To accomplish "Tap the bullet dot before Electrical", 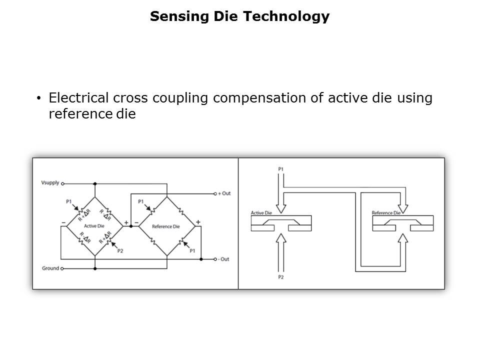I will [39, 98].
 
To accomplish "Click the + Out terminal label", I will [224, 193].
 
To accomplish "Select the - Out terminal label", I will [223, 259].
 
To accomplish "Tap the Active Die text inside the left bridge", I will [93, 226].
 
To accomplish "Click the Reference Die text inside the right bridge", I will [165, 226].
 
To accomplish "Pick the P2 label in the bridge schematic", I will [120, 250].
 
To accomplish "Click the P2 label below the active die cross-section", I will [280, 276].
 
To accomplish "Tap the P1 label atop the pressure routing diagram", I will [280, 169].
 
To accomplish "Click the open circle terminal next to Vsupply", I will [63, 183].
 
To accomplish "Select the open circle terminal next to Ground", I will [63, 268].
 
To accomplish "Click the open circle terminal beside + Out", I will [214, 193].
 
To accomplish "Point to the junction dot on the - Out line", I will [200, 259].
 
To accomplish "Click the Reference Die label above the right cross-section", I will [386, 213].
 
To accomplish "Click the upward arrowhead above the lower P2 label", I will [280, 238].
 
